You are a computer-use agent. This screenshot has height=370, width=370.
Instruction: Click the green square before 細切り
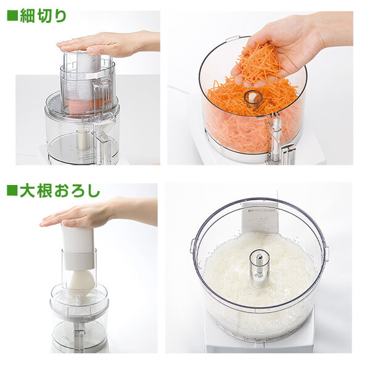(12, 15)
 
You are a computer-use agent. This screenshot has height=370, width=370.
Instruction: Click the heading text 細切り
(43, 15)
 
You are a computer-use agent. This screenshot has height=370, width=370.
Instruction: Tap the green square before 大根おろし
(12, 191)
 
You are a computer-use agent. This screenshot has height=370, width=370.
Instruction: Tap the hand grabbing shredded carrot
(290, 37)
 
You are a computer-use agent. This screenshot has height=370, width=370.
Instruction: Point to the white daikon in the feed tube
(81, 281)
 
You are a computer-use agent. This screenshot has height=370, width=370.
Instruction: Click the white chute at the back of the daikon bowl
(259, 216)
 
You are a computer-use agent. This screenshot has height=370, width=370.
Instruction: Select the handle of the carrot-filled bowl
(276, 139)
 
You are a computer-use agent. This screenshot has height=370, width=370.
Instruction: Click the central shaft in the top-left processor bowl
(82, 139)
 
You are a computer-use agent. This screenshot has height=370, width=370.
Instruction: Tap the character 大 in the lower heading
(27, 191)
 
